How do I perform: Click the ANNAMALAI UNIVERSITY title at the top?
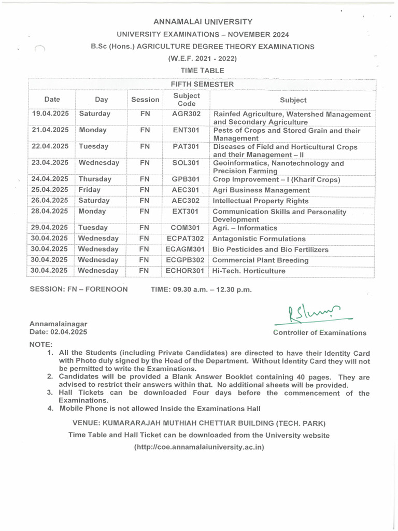coord(203,22)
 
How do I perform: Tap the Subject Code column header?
coord(186,100)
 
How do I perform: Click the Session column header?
coord(145,100)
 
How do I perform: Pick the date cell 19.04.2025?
coord(50,114)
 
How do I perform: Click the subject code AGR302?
coord(186,114)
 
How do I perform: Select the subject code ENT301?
coord(186,130)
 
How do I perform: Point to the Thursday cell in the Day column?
coord(95,179)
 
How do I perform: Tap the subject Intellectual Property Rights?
coord(261,201)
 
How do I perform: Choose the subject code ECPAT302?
coord(185,239)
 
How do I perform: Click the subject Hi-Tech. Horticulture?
coord(249,271)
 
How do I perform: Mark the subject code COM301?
coord(186,228)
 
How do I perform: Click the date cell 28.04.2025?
coord(50,212)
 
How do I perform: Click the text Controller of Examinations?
coord(319,333)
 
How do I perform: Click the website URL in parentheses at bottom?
coord(199,446)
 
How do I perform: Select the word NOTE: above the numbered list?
coord(41,344)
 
